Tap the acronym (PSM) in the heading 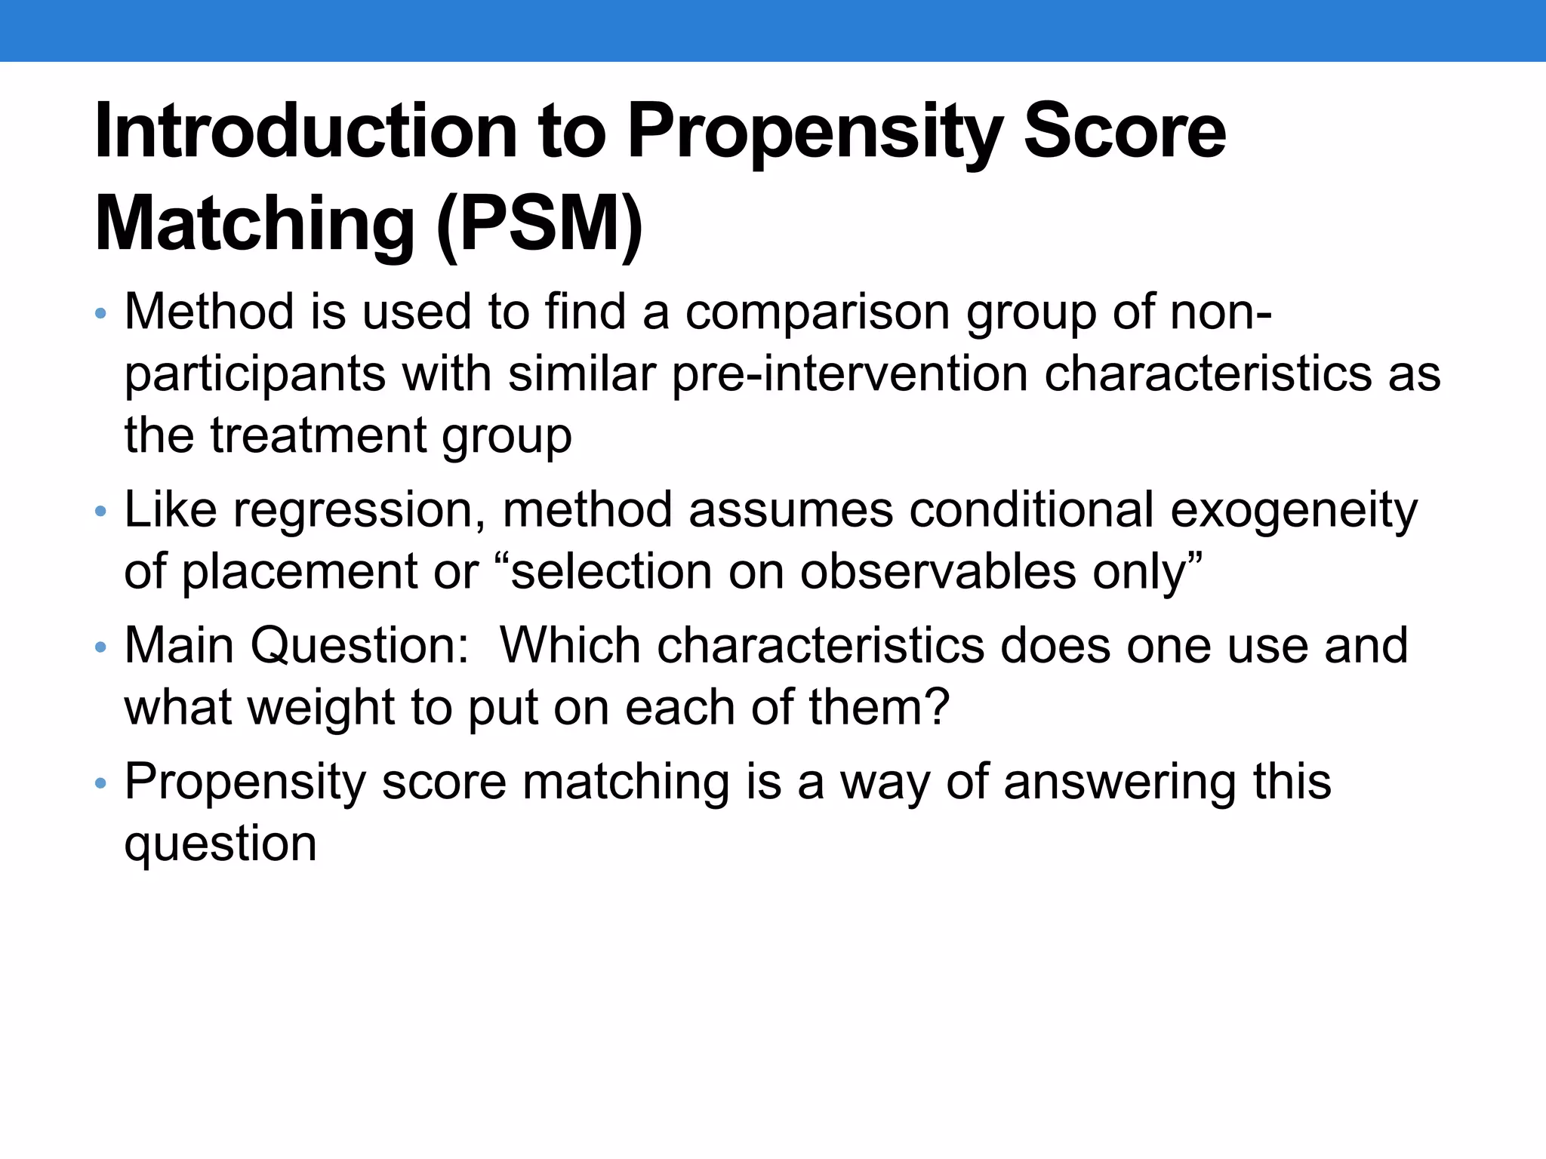point(539,225)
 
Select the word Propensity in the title point(815,132)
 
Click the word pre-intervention point(849,374)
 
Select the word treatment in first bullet point(318,435)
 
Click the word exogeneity point(1293,511)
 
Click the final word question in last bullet point(220,844)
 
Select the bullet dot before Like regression point(101,512)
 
